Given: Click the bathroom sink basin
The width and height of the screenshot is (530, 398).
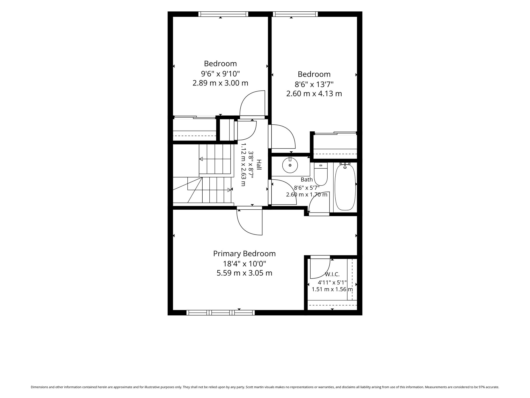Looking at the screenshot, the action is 290,165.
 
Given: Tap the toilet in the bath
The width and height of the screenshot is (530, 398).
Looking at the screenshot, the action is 321,174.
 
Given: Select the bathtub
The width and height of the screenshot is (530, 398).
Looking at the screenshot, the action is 345,186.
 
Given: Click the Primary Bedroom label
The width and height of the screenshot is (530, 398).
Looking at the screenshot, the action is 244,253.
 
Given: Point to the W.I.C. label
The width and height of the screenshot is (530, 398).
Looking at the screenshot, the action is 332,274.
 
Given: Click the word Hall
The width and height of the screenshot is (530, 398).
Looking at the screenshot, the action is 259,165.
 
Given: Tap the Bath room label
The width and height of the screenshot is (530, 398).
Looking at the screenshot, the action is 307,179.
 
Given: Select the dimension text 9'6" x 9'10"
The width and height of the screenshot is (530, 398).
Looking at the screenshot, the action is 220,74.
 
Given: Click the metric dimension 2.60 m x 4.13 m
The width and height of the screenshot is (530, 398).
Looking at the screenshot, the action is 314,94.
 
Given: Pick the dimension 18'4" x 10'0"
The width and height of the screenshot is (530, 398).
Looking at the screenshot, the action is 245,264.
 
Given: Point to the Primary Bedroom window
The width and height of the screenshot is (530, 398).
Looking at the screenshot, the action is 220,313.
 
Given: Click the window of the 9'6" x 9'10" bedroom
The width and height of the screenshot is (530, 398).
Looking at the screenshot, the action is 223,14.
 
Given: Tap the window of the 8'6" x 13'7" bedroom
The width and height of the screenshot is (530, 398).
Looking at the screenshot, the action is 295,14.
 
